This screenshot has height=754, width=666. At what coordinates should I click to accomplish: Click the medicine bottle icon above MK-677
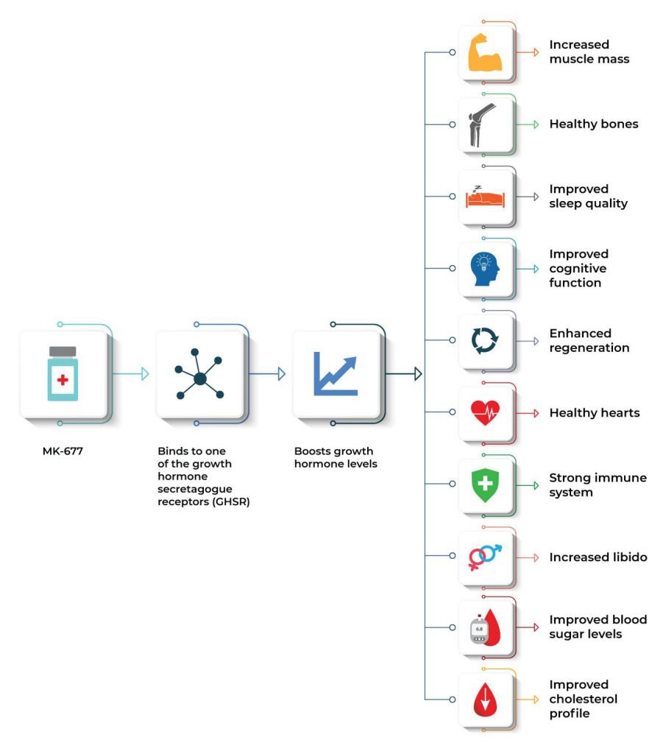63,373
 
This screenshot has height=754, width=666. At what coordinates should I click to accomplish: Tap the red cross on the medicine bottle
63,380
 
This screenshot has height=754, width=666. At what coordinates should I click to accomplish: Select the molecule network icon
199,374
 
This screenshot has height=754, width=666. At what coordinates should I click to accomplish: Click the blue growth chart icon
336,373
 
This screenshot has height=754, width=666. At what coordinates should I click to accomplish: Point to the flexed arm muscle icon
485,52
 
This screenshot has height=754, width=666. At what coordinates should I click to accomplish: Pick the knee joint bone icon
482,124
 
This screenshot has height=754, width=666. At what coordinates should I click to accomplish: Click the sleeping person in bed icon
485,197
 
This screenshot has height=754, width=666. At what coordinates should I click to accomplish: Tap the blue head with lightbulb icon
485,269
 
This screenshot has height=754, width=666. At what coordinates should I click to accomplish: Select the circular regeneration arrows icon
485,340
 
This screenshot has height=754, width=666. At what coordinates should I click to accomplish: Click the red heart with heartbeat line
485,412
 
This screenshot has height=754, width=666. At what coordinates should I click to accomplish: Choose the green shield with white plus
485,485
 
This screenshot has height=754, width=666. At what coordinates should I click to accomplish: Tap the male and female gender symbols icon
485,557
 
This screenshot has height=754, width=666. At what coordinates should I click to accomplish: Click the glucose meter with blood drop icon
485,627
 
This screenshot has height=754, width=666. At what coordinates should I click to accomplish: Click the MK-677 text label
63,451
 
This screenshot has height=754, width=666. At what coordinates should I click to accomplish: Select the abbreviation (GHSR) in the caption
230,502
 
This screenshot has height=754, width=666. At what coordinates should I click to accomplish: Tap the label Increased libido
598,557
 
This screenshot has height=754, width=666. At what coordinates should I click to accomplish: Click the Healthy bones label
594,124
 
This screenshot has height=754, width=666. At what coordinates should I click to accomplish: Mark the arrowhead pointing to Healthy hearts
536,413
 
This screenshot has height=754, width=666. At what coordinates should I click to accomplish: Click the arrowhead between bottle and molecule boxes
145,373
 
